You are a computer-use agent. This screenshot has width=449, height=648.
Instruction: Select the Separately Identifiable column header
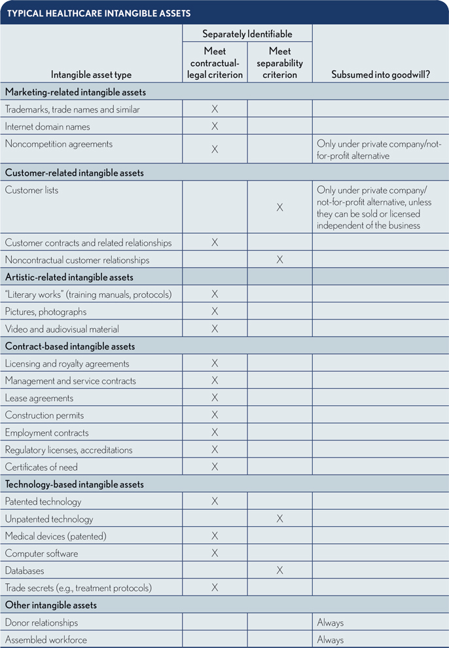pos(247,34)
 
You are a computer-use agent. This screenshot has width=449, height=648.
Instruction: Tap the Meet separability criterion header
pos(279,63)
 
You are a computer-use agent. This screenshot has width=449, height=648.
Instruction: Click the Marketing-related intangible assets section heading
pos(75,92)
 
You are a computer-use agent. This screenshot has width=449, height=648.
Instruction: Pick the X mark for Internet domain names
pos(215,126)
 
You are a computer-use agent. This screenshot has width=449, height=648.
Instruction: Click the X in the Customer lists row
pos(279,207)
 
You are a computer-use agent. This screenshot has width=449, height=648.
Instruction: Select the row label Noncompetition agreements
pos(59,144)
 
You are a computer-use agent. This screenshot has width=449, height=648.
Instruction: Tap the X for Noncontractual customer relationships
pos(279,260)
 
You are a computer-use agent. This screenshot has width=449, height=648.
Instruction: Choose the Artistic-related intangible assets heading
pos(69,278)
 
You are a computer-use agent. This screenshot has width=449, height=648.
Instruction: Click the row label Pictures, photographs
pos(46,312)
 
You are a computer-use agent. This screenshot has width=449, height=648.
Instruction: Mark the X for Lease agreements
pos(215,398)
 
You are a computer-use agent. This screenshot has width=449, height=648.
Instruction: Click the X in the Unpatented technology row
pos(279,519)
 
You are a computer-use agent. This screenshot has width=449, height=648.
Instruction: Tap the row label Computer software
pos(41,554)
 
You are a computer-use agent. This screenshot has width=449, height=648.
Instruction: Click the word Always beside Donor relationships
pos(331,622)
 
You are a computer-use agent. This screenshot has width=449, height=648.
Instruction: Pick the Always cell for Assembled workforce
pos(331,639)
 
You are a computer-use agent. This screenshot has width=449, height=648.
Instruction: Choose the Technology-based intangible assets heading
pos(75,484)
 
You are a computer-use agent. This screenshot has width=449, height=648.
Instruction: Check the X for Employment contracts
pos(215,433)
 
